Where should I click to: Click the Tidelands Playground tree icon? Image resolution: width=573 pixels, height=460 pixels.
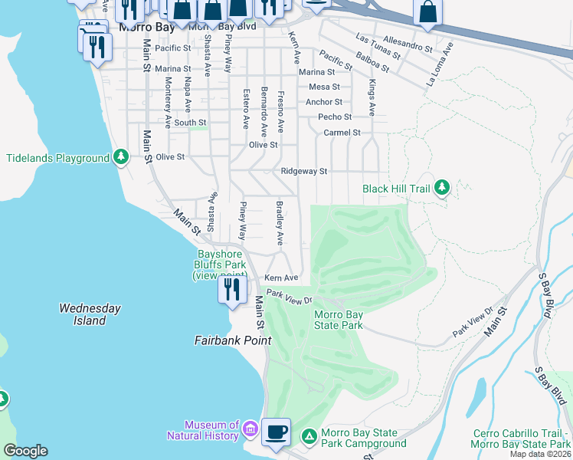120,158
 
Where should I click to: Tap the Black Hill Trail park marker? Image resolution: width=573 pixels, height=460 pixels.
441,188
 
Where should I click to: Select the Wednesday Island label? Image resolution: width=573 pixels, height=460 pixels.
90,314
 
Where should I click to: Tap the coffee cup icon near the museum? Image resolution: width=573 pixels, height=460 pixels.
276,431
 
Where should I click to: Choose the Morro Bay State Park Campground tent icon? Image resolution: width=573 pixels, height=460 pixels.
309,436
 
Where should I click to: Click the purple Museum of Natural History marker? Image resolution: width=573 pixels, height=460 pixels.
250,426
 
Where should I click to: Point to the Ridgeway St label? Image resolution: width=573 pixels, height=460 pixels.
304,171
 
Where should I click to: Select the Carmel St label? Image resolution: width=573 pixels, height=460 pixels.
342,132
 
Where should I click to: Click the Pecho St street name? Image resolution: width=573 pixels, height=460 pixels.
335,117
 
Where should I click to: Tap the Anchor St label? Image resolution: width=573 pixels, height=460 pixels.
324,101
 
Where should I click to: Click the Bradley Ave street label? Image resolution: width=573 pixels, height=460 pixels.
280,223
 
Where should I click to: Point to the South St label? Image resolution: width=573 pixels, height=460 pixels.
190,122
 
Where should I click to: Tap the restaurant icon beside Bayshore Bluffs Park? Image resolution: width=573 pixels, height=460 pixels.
231,289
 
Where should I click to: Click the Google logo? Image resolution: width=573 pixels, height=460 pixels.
26,450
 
